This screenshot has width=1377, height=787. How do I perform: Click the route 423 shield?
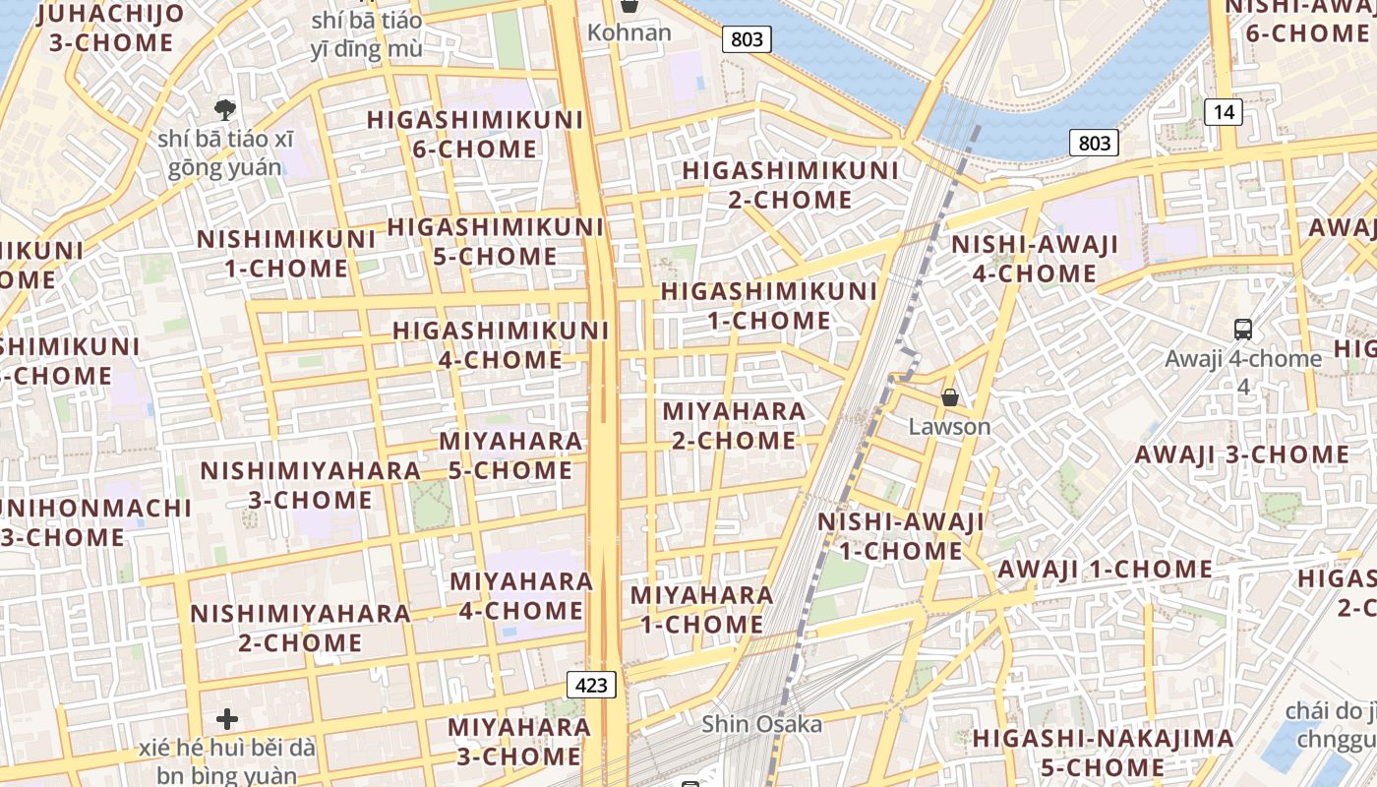point(592,685)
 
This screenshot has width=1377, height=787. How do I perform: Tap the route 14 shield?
point(1224,112)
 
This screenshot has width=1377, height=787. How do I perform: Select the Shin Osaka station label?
point(761,725)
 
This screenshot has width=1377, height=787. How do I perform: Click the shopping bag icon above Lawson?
point(950,397)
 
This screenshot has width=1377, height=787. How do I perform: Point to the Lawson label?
point(949,427)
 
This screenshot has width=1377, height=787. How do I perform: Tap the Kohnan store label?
point(629,32)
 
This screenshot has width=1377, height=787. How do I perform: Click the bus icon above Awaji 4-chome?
point(1243,330)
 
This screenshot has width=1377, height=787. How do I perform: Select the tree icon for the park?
point(225,108)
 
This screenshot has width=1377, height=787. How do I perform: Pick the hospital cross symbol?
point(227,719)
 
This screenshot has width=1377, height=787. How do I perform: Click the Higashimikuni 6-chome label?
point(475,135)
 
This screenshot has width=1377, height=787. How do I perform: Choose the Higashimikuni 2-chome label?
point(791,185)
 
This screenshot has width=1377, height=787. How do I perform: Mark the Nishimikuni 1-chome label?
point(286,254)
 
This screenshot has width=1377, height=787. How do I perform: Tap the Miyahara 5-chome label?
point(510,455)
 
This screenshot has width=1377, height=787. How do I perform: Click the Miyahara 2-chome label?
point(734,425)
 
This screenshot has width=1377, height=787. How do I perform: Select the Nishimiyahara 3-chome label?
point(310,485)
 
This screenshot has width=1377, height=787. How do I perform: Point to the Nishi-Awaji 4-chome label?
point(1035,259)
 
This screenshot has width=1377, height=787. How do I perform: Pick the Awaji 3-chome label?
point(1242,454)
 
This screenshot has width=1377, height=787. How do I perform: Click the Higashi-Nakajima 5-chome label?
point(1103,753)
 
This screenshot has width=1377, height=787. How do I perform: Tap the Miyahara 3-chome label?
point(519,742)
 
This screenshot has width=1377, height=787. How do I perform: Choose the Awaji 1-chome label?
point(1106,570)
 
